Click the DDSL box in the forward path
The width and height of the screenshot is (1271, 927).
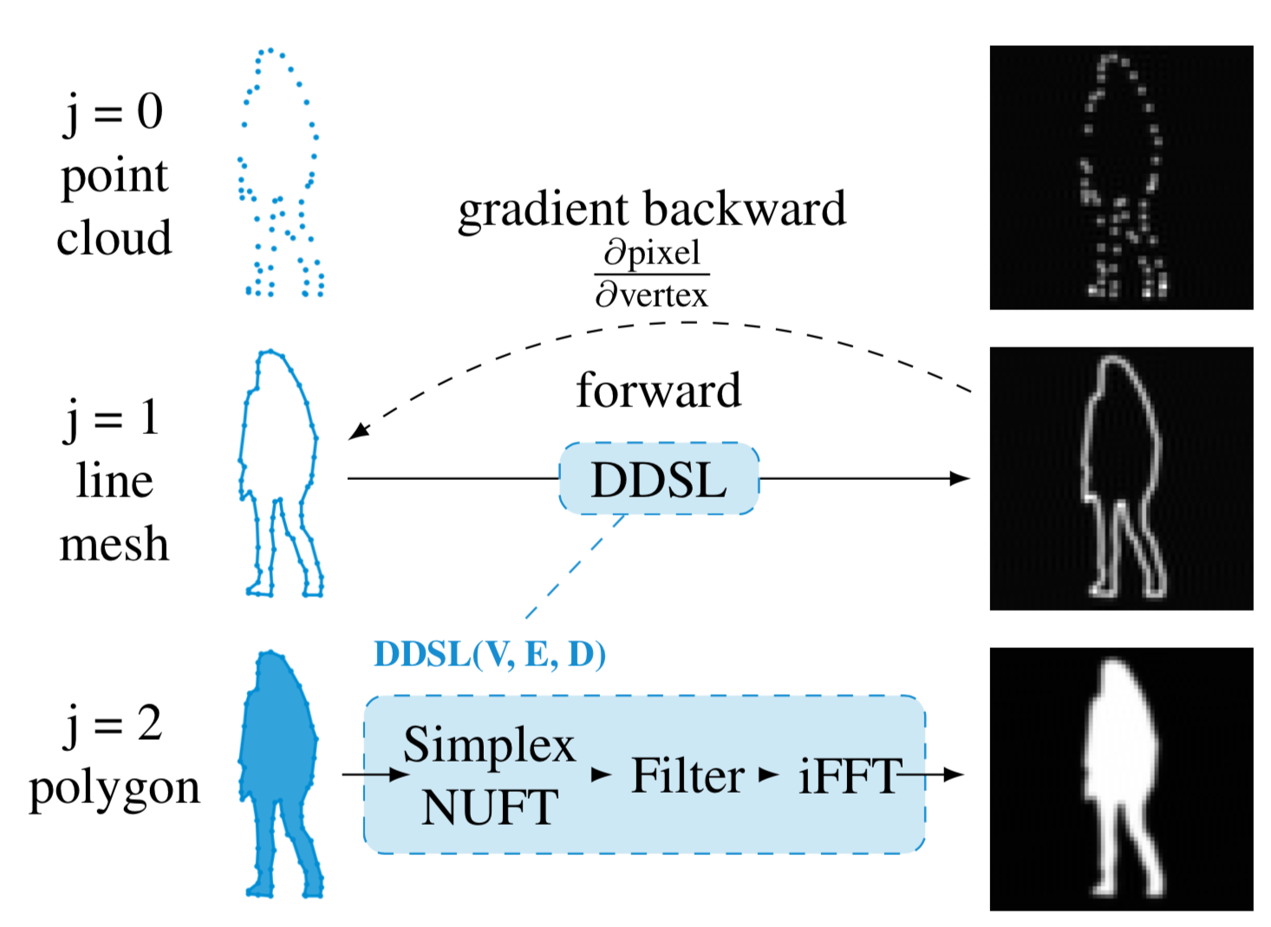click(x=659, y=479)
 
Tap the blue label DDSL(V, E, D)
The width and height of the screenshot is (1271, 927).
click(x=490, y=654)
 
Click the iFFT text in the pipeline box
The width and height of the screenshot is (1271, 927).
click(x=848, y=775)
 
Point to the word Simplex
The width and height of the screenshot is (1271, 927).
click(x=489, y=745)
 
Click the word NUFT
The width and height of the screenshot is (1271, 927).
click(x=490, y=807)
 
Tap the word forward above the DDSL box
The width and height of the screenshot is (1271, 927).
click(x=659, y=390)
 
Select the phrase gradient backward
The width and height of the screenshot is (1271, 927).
click(x=652, y=210)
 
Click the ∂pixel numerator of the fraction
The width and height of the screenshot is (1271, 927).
click(x=652, y=252)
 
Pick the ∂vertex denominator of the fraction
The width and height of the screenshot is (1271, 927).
click(x=652, y=295)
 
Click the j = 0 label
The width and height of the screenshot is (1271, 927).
click(x=114, y=112)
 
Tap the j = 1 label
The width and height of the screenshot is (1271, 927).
click(x=114, y=418)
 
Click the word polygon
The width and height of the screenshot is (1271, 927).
click(x=114, y=788)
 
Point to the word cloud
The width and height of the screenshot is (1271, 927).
click(x=114, y=237)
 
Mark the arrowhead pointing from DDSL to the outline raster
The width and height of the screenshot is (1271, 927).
click(x=961, y=478)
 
